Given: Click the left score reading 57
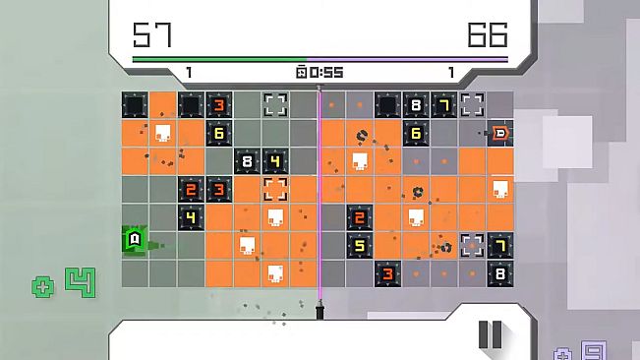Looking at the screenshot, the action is pyautogui.click(x=152, y=36).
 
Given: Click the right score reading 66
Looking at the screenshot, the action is pyautogui.click(x=488, y=36).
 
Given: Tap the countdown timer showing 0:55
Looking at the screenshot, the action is pyautogui.click(x=320, y=72).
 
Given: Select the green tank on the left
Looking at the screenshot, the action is pyautogui.click(x=135, y=239).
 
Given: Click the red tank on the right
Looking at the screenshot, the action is pyautogui.click(x=500, y=132).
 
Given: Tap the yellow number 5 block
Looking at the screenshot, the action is pyautogui.click(x=360, y=246).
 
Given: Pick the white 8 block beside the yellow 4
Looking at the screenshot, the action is pyautogui.click(x=247, y=161).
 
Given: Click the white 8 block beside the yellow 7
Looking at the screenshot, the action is pyautogui.click(x=416, y=105).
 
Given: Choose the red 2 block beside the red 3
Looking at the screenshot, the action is pyautogui.click(x=191, y=189).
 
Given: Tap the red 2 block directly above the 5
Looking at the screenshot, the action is pyautogui.click(x=360, y=217).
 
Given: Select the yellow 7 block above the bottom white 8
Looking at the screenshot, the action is pyautogui.click(x=500, y=245).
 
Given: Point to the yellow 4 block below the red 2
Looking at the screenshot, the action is pyautogui.click(x=191, y=217).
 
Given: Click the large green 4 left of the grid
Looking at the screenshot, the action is pyautogui.click(x=79, y=282).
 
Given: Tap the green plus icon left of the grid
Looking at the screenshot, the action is pyautogui.click(x=43, y=287).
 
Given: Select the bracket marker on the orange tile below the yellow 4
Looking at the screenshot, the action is pyautogui.click(x=275, y=189).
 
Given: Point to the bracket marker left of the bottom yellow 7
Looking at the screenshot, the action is pyautogui.click(x=473, y=245).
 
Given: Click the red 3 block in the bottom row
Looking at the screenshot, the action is pyautogui.click(x=388, y=273).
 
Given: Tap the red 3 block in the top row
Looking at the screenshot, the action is pyautogui.click(x=218, y=105).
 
